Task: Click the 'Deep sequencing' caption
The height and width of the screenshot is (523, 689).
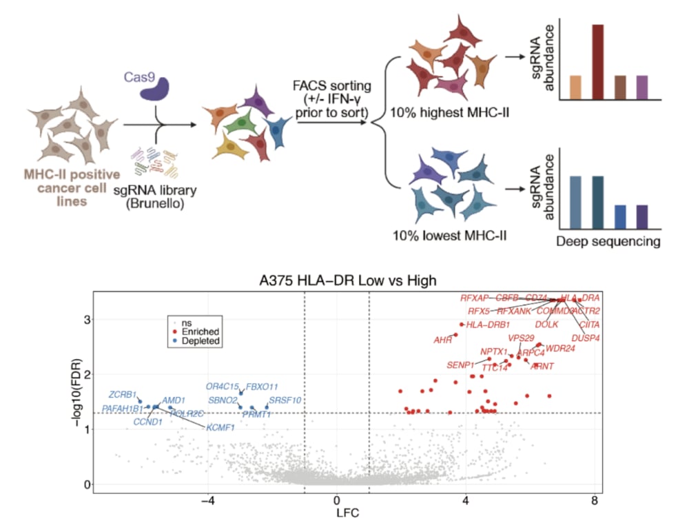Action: pyautogui.click(x=608, y=241)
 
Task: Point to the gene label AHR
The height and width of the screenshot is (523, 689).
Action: pyautogui.click(x=442, y=340)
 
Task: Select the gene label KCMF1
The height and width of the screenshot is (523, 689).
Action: pyautogui.click(x=220, y=427)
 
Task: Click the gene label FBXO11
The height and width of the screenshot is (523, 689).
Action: pyautogui.click(x=263, y=387)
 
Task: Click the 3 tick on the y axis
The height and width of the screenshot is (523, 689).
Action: pyautogui.click(x=88, y=320)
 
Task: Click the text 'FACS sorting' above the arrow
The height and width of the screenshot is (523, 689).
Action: pyautogui.click(x=331, y=87)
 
